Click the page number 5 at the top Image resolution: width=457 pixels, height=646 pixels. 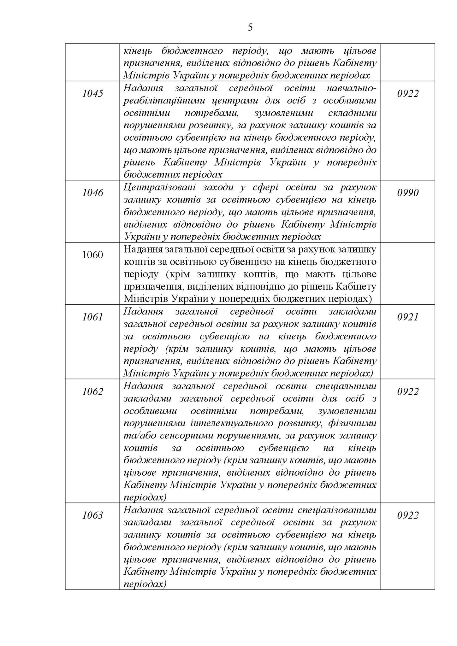pyautogui.click(x=250, y=27)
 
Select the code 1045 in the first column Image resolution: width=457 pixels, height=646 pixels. pyautogui.click(x=92, y=94)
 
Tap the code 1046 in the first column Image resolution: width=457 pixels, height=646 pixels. pyautogui.click(x=92, y=193)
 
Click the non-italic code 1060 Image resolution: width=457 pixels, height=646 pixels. pyautogui.click(x=92, y=255)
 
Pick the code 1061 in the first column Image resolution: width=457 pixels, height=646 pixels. pyautogui.click(x=92, y=317)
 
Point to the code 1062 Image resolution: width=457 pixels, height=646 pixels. pyautogui.click(x=92, y=391)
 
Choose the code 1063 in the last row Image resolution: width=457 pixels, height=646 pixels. pyautogui.click(x=92, y=515)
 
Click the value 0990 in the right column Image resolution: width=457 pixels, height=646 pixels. pyautogui.click(x=407, y=193)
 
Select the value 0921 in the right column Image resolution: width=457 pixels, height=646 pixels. pyautogui.click(x=407, y=317)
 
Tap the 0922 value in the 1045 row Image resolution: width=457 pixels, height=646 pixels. pyautogui.click(x=407, y=94)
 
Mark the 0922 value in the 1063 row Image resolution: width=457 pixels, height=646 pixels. pyautogui.click(x=407, y=515)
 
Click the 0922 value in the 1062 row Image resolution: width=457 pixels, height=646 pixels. pyautogui.click(x=407, y=391)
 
